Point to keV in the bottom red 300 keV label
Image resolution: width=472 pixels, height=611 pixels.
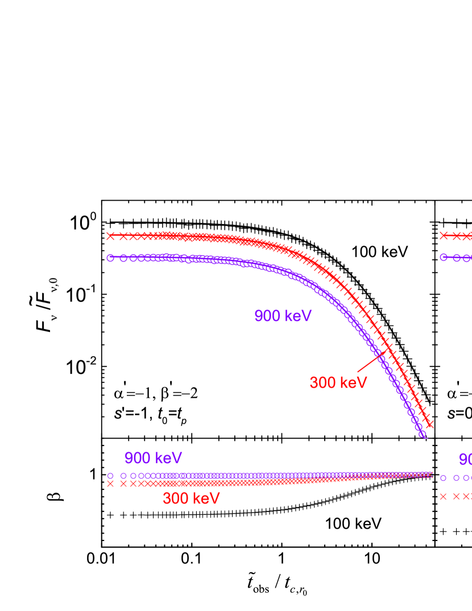click(x=206, y=498)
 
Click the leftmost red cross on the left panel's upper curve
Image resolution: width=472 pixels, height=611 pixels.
click(x=110, y=236)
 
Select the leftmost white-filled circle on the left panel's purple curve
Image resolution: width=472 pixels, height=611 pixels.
click(x=110, y=257)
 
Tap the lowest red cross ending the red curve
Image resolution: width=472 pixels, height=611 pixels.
click(x=430, y=424)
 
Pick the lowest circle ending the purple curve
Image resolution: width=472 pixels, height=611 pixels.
click(x=423, y=434)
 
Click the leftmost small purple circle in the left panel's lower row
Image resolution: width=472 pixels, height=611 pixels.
click(x=110, y=476)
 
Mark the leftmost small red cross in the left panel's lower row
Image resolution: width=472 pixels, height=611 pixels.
click(x=110, y=484)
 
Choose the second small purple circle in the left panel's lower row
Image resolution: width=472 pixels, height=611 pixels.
click(x=123, y=476)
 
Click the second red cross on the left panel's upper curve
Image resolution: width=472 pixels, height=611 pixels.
click(x=123, y=236)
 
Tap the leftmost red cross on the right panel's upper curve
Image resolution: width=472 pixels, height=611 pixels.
click(x=444, y=235)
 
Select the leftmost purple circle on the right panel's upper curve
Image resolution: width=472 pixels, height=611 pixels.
click(x=444, y=257)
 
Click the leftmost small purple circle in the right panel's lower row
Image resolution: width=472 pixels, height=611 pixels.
click(x=444, y=478)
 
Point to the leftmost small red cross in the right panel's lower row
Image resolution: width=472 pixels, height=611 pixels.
click(x=444, y=496)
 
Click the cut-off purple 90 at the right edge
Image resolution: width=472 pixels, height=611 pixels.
click(x=465, y=459)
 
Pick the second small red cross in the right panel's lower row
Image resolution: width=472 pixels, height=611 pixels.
click(x=456, y=496)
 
